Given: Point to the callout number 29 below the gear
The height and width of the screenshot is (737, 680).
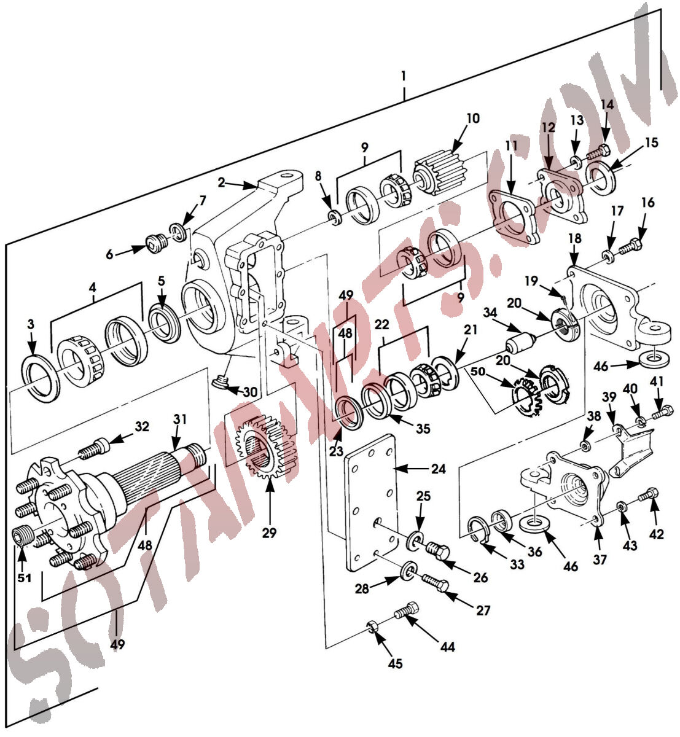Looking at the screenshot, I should pos(269,532).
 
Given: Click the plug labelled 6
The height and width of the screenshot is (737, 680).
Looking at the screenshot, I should pos(156,244).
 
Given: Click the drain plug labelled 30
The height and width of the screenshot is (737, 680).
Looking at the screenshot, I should pos(222,384).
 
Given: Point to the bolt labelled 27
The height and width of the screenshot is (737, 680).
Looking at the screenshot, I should pos(437,583).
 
